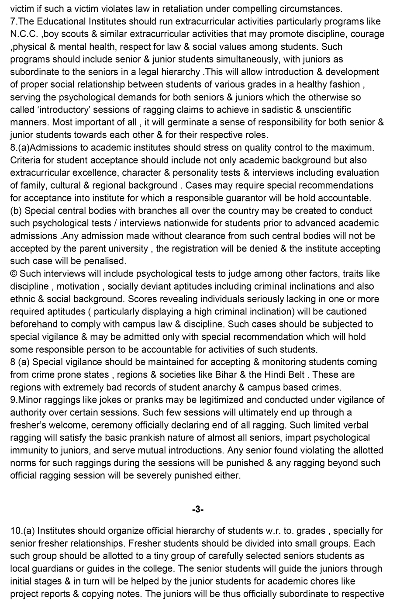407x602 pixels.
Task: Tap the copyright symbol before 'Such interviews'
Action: point(14,274)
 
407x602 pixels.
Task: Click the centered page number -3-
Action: point(198,509)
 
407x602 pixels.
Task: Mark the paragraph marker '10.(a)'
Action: point(23,531)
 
